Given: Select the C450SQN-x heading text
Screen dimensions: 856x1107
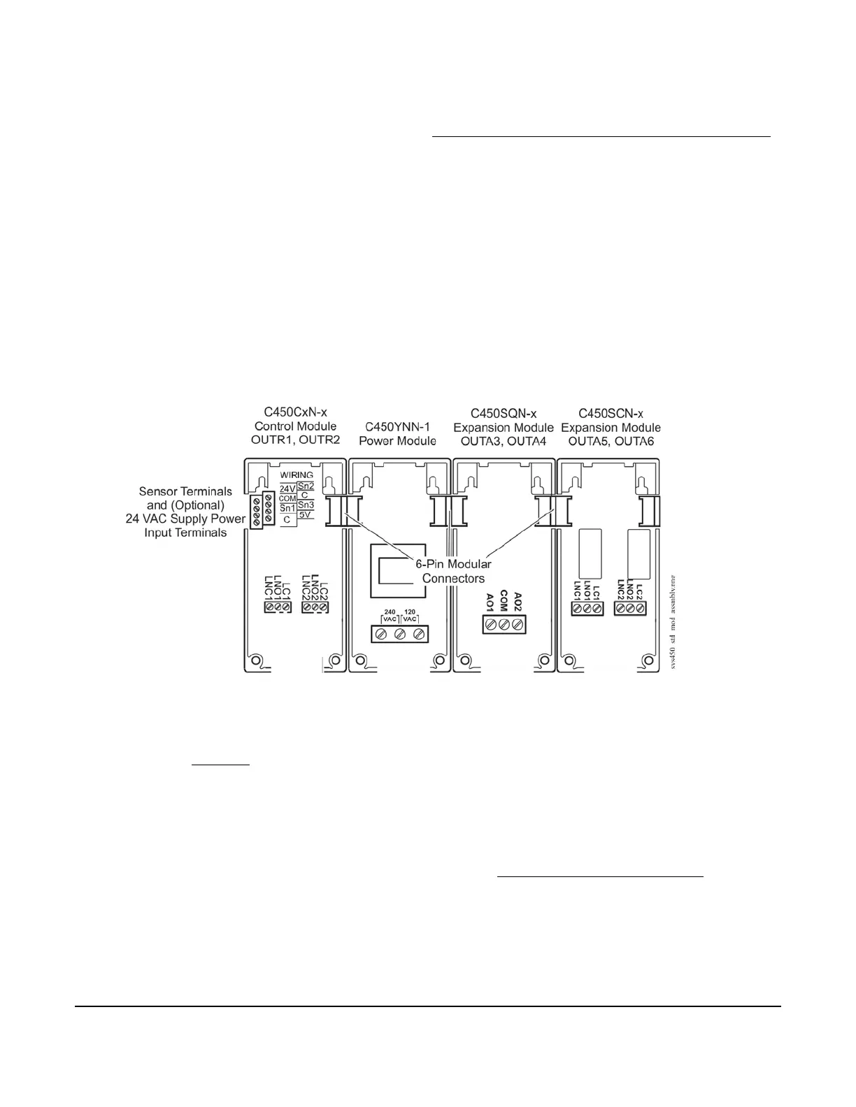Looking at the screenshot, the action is pos(503,414).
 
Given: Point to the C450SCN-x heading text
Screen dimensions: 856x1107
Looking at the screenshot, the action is pos(611,414).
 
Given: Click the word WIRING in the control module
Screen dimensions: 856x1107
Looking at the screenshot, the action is pos(297,475).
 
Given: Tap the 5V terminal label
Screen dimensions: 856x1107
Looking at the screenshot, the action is pos(306,514).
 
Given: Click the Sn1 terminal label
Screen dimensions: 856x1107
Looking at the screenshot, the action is pos(287,509).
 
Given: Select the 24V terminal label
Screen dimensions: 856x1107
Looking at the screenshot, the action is pos(287,489).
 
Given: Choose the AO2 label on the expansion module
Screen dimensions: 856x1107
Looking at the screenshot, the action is pos(518,600).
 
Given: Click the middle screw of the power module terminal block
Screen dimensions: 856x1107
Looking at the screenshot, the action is pos(400,635).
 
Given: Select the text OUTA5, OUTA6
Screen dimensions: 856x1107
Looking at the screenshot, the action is pos(611,440).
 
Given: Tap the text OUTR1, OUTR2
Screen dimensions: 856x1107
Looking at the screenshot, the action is pos(295,440).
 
